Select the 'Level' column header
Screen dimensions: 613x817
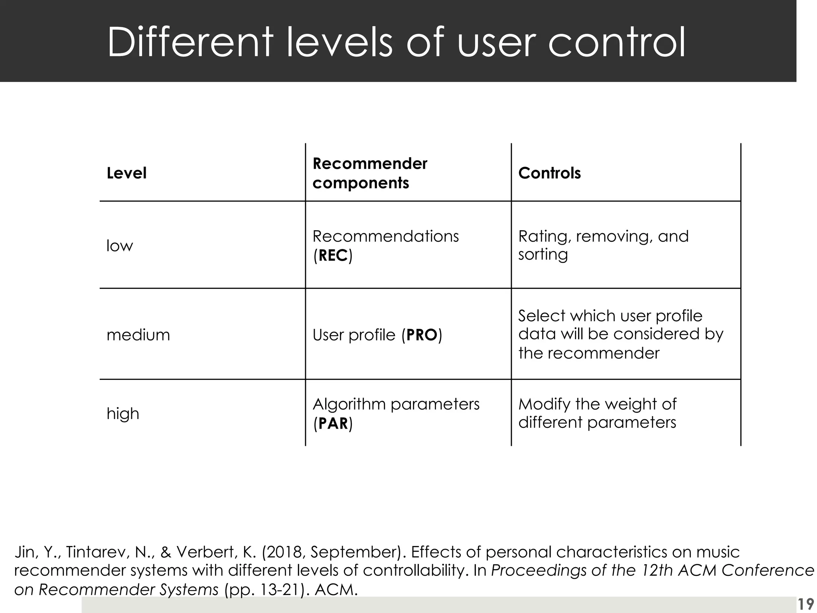(x=126, y=173)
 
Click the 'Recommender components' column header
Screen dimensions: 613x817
(x=369, y=173)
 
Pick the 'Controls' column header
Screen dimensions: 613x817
(x=549, y=173)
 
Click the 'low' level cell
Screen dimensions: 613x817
(x=120, y=245)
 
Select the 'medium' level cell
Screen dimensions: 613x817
(x=138, y=334)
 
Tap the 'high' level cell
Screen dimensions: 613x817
(x=122, y=413)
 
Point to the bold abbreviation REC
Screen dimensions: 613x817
(x=333, y=255)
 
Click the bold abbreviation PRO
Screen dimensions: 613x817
(x=422, y=335)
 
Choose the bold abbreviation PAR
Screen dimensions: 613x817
(x=333, y=423)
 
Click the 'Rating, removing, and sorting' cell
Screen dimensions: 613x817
(x=603, y=245)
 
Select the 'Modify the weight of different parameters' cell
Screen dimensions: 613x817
(x=597, y=413)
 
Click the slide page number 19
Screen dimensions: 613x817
(x=805, y=604)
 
